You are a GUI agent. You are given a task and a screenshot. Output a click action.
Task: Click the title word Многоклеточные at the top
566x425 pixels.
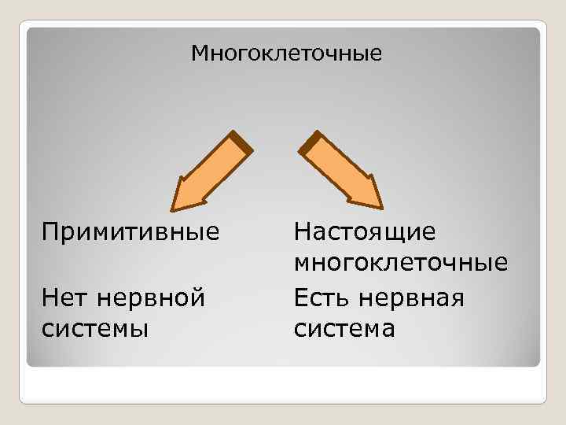[x=287, y=54]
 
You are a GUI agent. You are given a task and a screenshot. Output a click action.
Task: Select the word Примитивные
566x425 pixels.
[x=130, y=233]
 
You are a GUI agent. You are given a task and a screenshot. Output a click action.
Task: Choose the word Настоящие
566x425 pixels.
[x=365, y=233]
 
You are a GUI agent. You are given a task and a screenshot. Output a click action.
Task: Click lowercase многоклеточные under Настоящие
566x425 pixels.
[x=401, y=262]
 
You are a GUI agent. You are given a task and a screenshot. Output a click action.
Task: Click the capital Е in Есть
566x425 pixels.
[x=303, y=298]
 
